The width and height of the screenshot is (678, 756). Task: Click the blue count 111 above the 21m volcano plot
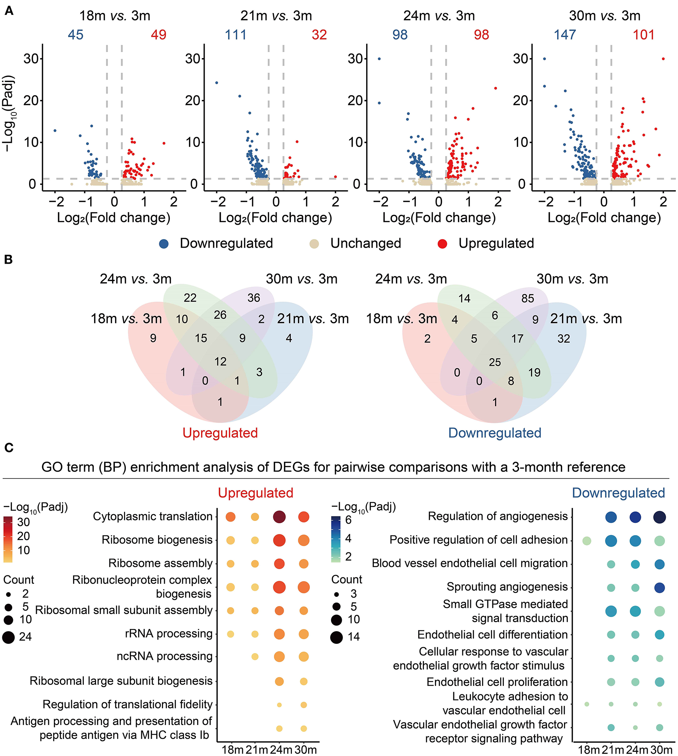(235, 35)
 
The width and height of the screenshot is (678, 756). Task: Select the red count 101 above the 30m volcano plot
(644, 35)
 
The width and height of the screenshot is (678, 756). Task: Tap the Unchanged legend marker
(314, 244)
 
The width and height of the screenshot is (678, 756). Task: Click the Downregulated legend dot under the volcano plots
(164, 244)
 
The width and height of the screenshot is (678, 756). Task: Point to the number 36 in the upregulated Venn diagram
(254, 298)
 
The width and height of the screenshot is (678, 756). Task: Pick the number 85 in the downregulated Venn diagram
(528, 299)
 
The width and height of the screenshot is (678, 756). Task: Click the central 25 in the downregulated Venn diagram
(495, 362)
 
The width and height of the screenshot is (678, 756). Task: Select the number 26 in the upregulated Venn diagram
(220, 315)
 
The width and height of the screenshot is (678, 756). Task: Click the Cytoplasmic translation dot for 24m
(279, 517)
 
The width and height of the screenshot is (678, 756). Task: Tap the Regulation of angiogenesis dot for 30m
(659, 517)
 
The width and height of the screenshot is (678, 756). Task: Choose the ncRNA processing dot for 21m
(255, 656)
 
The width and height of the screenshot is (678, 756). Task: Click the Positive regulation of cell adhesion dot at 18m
(587, 540)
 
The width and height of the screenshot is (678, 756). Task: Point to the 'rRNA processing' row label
(168, 634)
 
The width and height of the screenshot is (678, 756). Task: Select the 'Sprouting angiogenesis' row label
(507, 587)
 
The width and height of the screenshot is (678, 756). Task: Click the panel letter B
(8, 260)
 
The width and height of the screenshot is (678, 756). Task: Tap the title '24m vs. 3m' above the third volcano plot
(439, 16)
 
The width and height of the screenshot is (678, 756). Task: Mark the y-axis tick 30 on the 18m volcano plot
(31, 59)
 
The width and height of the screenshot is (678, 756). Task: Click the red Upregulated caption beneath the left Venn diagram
(220, 433)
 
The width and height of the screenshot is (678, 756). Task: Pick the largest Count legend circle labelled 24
(8, 637)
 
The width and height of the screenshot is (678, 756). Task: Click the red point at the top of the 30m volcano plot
(663, 59)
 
